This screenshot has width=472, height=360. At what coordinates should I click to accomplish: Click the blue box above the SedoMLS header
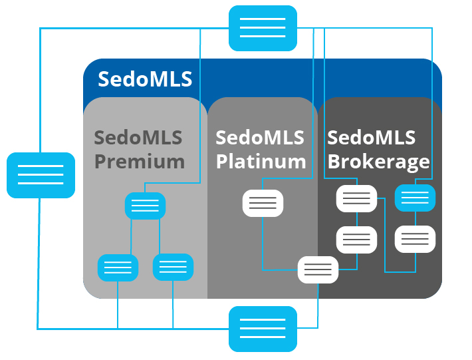(x=263, y=28)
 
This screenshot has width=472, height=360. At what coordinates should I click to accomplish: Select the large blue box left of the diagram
(x=41, y=175)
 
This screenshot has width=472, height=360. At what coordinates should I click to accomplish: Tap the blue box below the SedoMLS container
(x=263, y=329)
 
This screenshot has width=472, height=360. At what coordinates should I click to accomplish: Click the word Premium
(x=139, y=161)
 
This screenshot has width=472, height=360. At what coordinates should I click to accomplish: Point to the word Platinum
(x=261, y=161)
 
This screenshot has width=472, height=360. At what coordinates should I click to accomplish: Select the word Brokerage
(x=378, y=161)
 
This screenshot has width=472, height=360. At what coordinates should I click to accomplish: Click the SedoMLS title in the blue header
(x=145, y=79)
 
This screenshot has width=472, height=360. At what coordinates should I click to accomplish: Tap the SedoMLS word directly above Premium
(x=138, y=138)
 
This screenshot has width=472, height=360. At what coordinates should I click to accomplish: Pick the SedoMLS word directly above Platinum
(x=259, y=138)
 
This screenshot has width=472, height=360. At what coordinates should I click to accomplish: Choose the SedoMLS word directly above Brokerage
(x=371, y=138)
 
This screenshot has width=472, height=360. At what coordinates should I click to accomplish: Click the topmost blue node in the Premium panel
(x=145, y=206)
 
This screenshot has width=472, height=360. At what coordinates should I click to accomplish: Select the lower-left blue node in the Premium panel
(x=118, y=268)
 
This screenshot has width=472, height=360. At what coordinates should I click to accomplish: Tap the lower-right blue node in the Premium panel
(x=173, y=267)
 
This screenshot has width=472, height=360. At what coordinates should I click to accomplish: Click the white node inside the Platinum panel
(x=263, y=203)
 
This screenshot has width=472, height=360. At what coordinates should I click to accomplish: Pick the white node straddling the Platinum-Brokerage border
(x=318, y=270)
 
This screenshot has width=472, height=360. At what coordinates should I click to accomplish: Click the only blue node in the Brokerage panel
(x=415, y=198)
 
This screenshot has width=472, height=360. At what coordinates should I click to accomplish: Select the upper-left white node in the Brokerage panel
(x=357, y=198)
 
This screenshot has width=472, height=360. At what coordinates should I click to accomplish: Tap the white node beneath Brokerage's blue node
(x=415, y=239)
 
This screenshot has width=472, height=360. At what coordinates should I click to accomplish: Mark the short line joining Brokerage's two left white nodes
(x=357, y=219)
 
